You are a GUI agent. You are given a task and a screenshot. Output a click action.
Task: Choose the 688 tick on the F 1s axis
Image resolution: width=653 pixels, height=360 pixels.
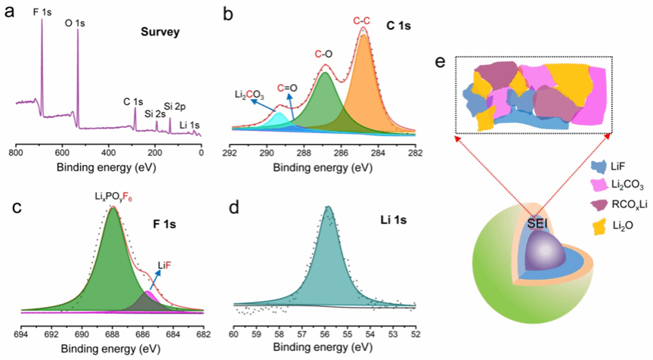[112, 331]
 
